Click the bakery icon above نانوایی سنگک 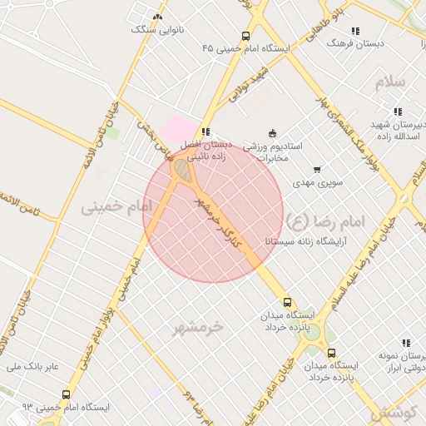click(158, 17)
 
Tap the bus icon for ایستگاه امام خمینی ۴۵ click(245, 36)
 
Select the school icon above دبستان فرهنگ click(355, 31)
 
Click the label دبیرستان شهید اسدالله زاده click(397, 130)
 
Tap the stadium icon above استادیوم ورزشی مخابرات click(272, 133)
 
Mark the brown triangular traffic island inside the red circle click(182, 171)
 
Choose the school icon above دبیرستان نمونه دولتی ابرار click(406, 343)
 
